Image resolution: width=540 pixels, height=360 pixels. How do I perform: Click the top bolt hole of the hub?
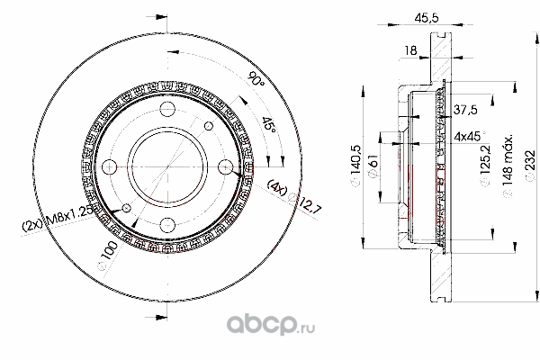coord(168,110)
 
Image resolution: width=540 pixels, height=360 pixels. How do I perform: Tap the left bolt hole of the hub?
coord(112,166)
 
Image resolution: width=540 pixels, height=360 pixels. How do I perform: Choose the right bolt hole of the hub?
coord(225,166)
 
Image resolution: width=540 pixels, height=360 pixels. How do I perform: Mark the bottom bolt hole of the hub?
coord(168,223)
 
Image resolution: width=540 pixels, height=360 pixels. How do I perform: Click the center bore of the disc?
coord(168,166)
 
